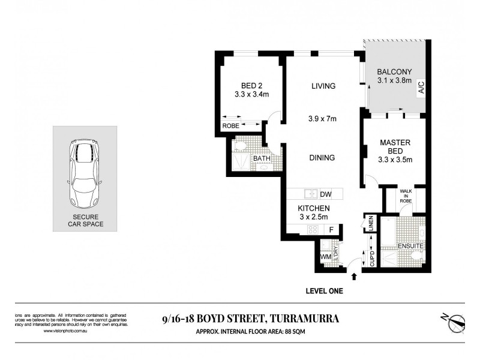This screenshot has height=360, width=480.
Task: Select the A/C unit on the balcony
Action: click(x=421, y=88)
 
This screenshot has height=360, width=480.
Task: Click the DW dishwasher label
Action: click(x=326, y=194)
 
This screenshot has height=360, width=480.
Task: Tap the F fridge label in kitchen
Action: click(x=330, y=230)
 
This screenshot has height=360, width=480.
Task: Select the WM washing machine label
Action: click(x=326, y=257)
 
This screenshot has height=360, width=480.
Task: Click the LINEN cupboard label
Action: click(x=371, y=223)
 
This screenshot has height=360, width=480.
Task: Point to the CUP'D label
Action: click(x=371, y=259)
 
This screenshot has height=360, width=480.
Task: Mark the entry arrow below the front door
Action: click(x=353, y=277)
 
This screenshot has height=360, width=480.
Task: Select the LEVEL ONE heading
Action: click(x=323, y=291)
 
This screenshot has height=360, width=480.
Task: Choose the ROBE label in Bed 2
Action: click(x=230, y=126)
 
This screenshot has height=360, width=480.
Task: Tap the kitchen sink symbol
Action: click(x=311, y=194)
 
